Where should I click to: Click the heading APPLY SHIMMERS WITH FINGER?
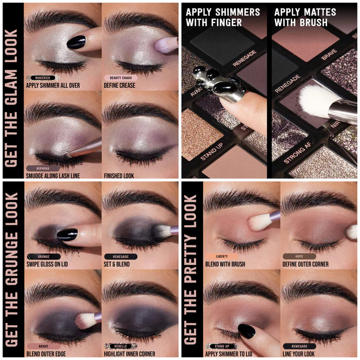click(x=222, y=17)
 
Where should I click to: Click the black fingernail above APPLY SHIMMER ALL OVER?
click(x=76, y=42)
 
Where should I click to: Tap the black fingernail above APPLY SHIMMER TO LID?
click(x=246, y=331)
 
